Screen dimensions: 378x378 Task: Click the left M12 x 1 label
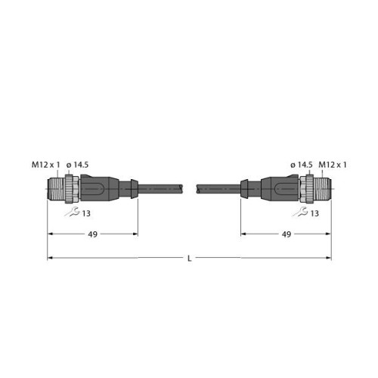click(46, 165)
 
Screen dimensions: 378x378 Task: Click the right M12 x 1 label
click(333, 165)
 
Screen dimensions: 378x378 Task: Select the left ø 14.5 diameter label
click(77, 165)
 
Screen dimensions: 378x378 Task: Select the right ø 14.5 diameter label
click(302, 165)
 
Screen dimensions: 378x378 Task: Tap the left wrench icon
click(72, 212)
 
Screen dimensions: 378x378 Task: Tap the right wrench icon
click(300, 212)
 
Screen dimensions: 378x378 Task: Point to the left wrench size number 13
click(86, 213)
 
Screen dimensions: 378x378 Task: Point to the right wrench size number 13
click(314, 213)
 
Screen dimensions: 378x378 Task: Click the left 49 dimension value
click(92, 234)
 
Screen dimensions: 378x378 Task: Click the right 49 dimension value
click(287, 234)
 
